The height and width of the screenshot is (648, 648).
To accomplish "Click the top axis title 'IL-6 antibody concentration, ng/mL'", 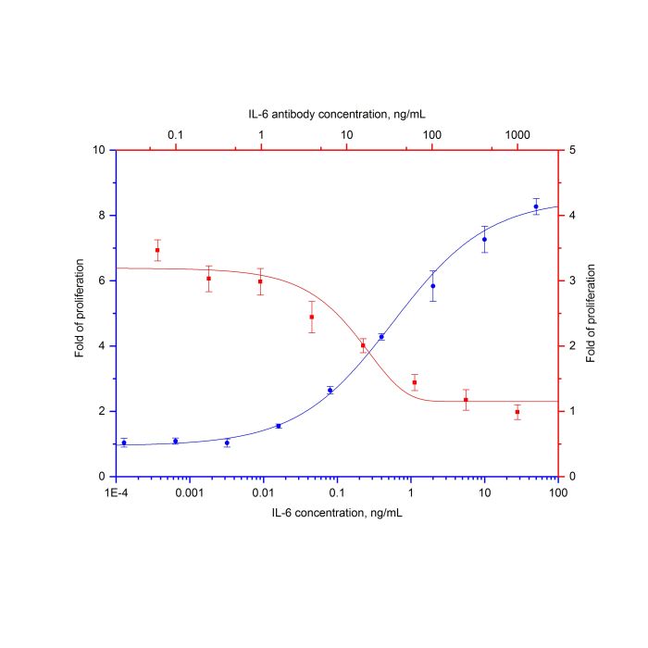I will (x=337, y=114).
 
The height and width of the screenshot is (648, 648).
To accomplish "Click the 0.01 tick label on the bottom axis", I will (x=263, y=492).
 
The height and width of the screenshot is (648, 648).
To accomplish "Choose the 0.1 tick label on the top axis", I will (x=175, y=136).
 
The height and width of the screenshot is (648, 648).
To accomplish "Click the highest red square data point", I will (x=157, y=250).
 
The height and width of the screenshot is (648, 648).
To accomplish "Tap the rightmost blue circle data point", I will (x=536, y=206).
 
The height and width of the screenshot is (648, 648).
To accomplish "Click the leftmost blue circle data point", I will (x=124, y=442).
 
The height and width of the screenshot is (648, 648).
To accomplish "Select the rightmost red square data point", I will (x=517, y=412).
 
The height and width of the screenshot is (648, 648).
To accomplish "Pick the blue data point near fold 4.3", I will (x=381, y=337).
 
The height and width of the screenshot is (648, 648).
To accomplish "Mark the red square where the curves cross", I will (x=363, y=345).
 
